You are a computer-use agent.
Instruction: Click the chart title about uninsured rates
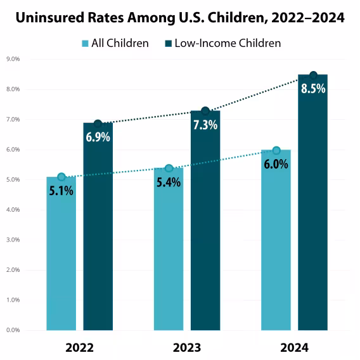point(180,18)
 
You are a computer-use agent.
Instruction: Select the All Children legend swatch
point(85,43)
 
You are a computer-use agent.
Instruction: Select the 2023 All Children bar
point(169,260)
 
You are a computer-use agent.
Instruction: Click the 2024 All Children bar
point(276,254)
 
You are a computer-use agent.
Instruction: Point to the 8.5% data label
point(313,89)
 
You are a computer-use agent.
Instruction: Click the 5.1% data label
point(61,190)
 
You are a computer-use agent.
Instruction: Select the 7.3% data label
point(205,125)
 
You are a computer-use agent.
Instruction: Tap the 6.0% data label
point(276,164)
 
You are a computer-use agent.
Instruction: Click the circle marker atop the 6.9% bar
point(98,124)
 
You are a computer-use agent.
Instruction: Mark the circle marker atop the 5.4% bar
point(169,169)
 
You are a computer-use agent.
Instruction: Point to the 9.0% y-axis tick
point(13,59)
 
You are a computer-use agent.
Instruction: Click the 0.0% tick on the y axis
point(13,330)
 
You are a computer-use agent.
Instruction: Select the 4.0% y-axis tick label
point(13,210)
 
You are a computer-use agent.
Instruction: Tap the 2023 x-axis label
point(186,348)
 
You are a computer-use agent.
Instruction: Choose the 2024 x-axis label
point(294,348)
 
